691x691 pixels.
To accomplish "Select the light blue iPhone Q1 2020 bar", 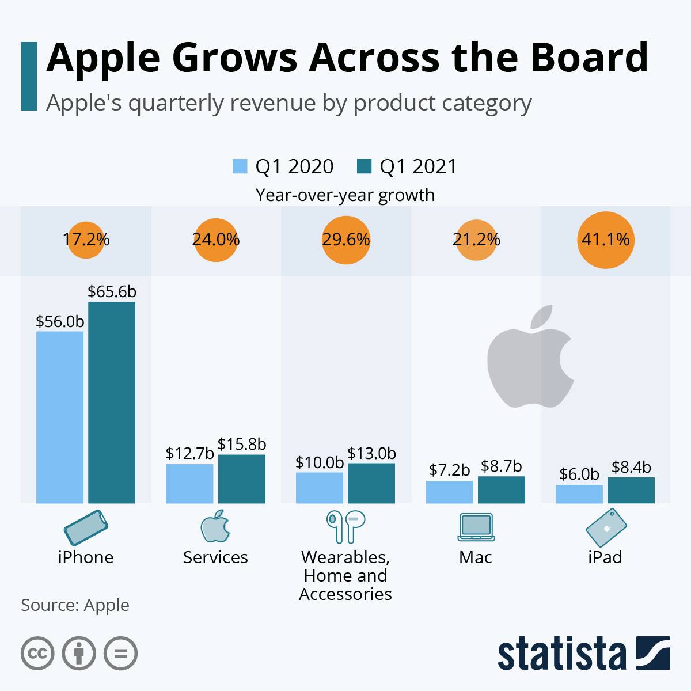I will pyautogui.click(x=60, y=417).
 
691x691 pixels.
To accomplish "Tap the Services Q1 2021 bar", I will pyautogui.click(x=241, y=479).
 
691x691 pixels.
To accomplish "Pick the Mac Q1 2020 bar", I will pyautogui.click(x=449, y=492).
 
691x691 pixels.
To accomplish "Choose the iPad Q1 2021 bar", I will pyautogui.click(x=631, y=490).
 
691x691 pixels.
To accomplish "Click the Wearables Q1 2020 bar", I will pyautogui.click(x=320, y=488).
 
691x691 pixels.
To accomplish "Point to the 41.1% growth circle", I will pyautogui.click(x=605, y=240).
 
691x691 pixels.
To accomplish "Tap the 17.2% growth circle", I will pyautogui.click(x=86, y=240).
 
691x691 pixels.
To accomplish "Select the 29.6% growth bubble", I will pyautogui.click(x=345, y=240).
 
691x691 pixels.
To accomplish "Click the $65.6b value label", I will pyautogui.click(x=112, y=292).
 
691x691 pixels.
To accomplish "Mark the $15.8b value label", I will pyautogui.click(x=242, y=445).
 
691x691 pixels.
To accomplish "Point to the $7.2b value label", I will pyautogui.click(x=450, y=470).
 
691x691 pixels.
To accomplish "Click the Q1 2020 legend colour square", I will pyautogui.click(x=240, y=166).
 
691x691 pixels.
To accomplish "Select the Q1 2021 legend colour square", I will pyautogui.click(x=364, y=166).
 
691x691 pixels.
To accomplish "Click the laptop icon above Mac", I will pyautogui.click(x=476, y=527).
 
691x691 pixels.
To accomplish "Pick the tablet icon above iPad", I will pyautogui.click(x=605, y=527).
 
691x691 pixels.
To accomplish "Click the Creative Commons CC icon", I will pyautogui.click(x=37, y=654).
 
